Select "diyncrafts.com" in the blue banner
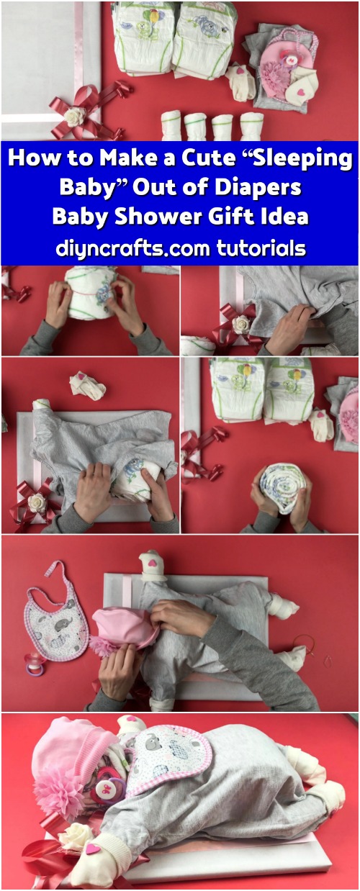click(133, 248)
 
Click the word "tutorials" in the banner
click(261, 248)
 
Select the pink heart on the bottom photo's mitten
click(94, 846)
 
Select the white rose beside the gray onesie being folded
click(241, 324)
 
